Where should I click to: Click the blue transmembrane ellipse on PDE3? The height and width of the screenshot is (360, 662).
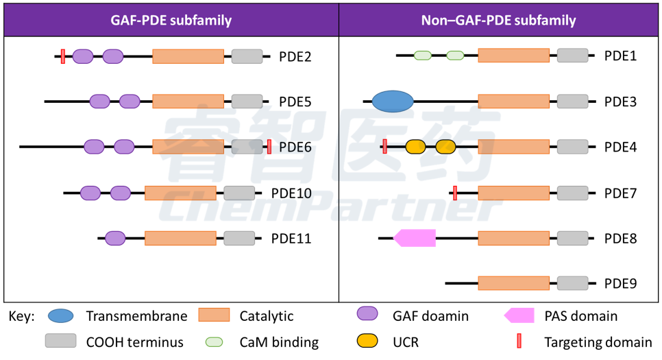[x=393, y=101]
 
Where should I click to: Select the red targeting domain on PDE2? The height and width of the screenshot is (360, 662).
[x=63, y=57]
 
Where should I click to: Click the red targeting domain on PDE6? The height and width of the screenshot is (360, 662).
[x=269, y=147]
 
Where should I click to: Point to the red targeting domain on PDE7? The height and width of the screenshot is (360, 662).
[x=455, y=193]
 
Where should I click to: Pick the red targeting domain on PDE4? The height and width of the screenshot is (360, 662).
[x=384, y=147]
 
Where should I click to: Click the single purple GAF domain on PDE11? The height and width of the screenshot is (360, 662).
[x=115, y=239]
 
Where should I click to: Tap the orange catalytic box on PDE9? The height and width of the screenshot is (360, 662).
[x=514, y=283]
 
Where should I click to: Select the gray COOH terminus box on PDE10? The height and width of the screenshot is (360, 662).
[x=239, y=193]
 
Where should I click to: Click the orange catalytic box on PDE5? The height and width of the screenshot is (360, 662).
[x=188, y=101]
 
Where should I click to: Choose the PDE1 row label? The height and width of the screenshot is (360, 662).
[x=620, y=56]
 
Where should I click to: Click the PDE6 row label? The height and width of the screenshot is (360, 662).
[x=295, y=147]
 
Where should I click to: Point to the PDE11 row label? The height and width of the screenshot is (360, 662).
[x=291, y=239]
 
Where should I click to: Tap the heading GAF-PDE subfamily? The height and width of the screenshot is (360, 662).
[x=171, y=21]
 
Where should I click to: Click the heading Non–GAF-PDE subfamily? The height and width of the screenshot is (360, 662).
[x=499, y=21]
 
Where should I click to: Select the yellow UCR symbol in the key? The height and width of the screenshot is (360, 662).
[x=367, y=341]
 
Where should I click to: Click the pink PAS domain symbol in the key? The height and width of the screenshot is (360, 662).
[x=519, y=315]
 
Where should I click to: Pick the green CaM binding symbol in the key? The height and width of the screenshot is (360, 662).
[x=214, y=342]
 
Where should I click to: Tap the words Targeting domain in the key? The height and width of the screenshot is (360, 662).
[x=598, y=342]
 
